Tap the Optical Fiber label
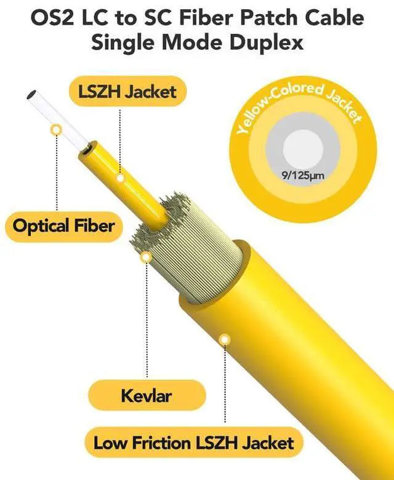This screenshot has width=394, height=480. (64, 226)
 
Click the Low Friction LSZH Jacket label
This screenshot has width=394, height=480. (193, 442)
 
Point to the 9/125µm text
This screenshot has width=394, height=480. (303, 176)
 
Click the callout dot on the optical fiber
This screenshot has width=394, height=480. (57, 130)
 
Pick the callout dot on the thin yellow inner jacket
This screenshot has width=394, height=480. (121, 179)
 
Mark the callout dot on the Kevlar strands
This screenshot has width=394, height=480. (147, 258)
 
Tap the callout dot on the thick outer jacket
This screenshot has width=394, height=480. (225, 339)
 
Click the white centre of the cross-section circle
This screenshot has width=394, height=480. (302, 151)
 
